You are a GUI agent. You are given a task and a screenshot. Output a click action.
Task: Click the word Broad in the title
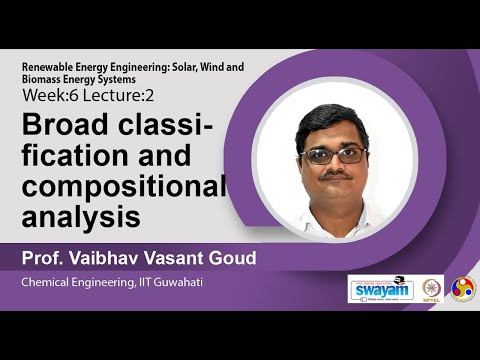63,127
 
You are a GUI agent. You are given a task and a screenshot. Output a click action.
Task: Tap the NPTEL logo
432,289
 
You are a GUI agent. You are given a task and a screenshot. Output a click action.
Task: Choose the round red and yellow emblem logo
463,289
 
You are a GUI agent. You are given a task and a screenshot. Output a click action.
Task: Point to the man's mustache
336,177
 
